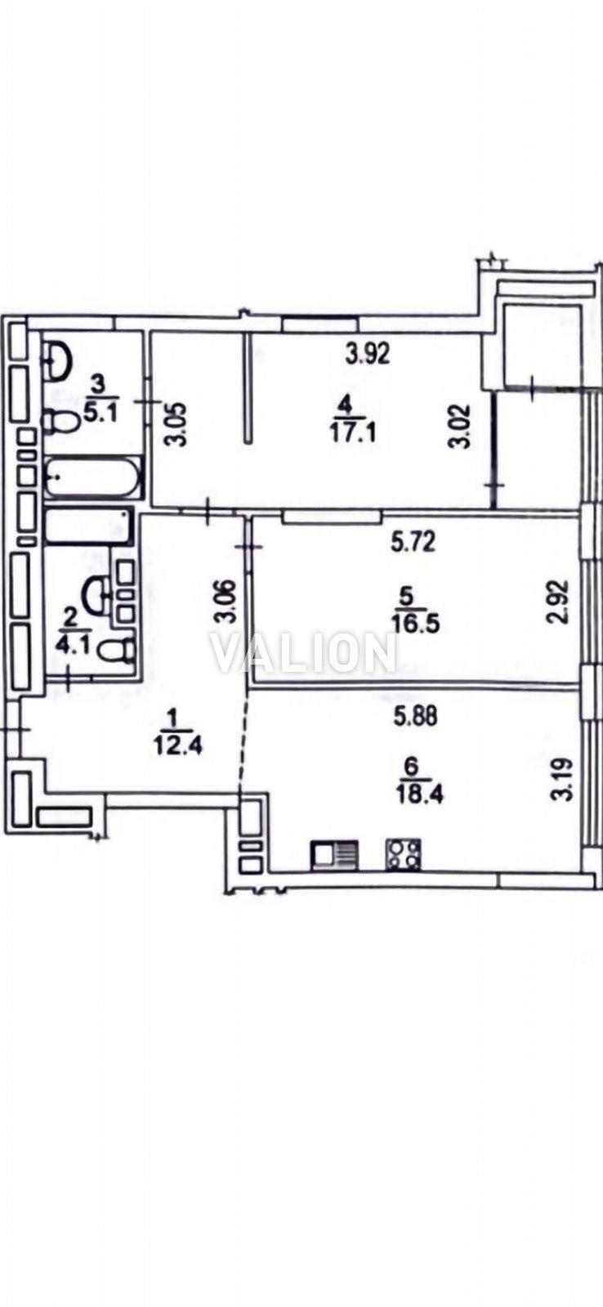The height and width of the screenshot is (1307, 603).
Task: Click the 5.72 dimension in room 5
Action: [413, 544]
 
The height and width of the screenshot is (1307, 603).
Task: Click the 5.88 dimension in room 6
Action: [414, 716]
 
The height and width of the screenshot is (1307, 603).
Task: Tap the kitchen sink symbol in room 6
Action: [334, 855]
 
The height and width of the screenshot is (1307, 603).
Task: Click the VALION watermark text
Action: [303, 653]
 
